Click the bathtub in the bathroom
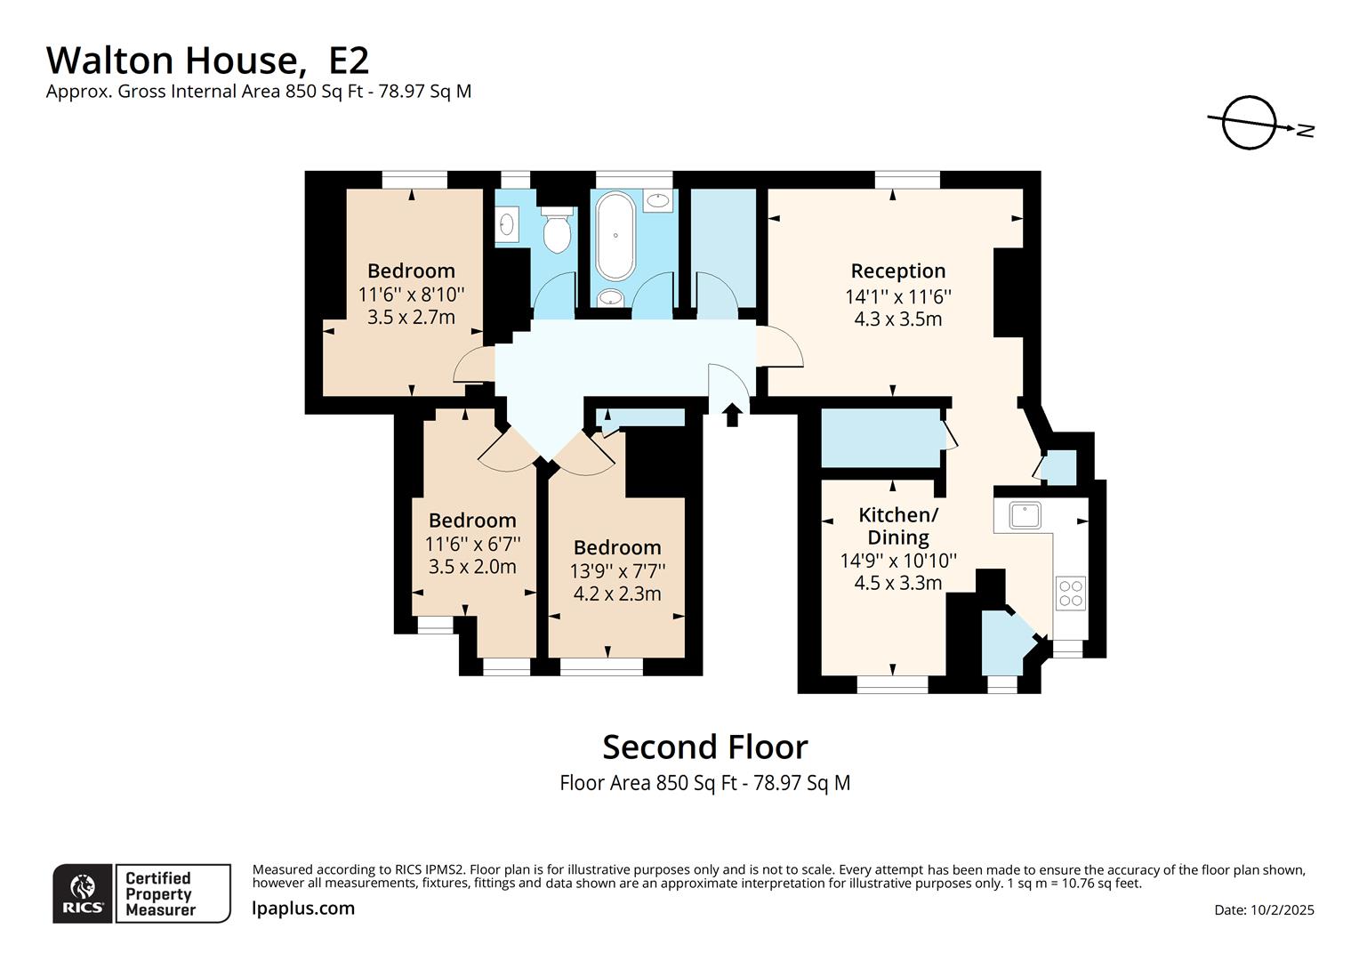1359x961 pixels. coord(615,236)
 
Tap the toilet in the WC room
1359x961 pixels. coord(557,231)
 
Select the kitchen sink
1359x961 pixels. coord(1025,515)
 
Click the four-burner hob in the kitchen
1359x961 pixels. coord(1071,594)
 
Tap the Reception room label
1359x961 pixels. coord(897,271)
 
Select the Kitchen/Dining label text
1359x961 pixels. coord(897,526)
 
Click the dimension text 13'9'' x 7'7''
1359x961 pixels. coord(617,570)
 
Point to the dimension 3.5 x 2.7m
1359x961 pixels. coord(411,318)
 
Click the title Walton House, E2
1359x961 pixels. coord(207,61)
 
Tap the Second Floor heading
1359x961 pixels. coord(704,747)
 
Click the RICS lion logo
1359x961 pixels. coord(83,893)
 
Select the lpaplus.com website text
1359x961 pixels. coord(303,909)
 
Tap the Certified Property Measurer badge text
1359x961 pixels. coord(160,893)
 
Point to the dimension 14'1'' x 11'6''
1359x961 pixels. coord(897,296)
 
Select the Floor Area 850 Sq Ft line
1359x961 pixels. coord(704,783)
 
